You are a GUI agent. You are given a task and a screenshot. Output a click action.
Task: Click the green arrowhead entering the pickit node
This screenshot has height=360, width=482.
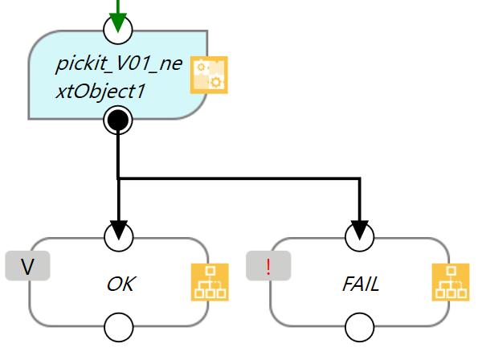(x=118, y=23)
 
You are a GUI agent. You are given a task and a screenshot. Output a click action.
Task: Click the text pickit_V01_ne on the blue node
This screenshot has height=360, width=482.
(x=113, y=63)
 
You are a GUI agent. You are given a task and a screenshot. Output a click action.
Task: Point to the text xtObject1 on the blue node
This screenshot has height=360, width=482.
(x=100, y=91)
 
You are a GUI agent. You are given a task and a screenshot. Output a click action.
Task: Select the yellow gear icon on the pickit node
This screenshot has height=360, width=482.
(x=209, y=75)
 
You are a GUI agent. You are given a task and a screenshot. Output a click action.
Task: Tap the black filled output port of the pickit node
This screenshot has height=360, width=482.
(x=118, y=121)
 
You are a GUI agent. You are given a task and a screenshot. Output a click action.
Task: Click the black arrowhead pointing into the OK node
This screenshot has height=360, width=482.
(x=119, y=229)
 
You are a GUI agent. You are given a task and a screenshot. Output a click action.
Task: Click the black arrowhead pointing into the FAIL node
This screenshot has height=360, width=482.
(x=359, y=229)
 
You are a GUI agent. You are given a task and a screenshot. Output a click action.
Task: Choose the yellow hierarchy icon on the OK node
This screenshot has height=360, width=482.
(x=209, y=284)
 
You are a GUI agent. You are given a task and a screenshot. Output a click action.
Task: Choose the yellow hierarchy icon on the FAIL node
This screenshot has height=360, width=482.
(x=450, y=284)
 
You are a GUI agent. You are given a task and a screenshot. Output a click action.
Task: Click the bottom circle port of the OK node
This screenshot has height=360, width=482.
(x=119, y=327)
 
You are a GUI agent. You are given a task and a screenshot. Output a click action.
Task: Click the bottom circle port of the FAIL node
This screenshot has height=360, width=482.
(x=359, y=327)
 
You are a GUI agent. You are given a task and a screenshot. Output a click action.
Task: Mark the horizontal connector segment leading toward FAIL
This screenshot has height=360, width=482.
(x=241, y=178)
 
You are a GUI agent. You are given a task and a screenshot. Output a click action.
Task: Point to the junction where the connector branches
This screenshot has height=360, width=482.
(x=119, y=178)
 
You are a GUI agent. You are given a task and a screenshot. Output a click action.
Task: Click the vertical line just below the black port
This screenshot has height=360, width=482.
(x=119, y=153)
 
